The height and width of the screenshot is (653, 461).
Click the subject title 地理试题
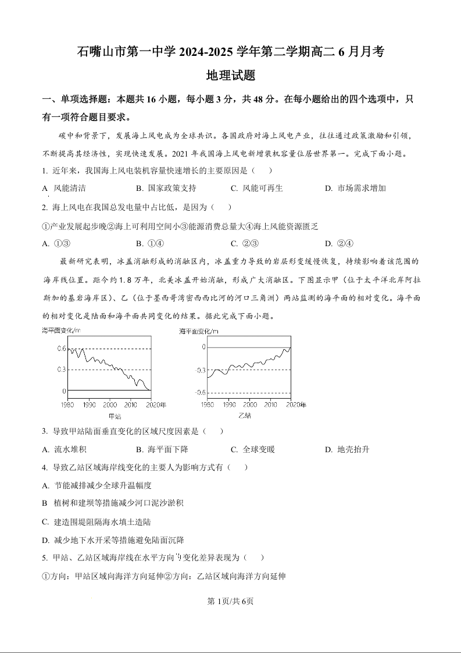231,76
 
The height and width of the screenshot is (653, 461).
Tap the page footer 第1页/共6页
231,601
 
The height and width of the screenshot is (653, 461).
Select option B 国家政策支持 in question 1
166,188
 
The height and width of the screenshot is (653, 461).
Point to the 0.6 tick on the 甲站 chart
61,349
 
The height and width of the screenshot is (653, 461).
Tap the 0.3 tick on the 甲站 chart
61,370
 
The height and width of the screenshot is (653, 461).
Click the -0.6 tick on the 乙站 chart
200,393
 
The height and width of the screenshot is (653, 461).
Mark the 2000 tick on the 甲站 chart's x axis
110,404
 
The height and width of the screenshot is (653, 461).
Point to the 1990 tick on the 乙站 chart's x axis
229,404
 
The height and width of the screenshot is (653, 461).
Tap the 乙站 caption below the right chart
245,416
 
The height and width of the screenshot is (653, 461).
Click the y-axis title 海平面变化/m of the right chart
199,331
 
